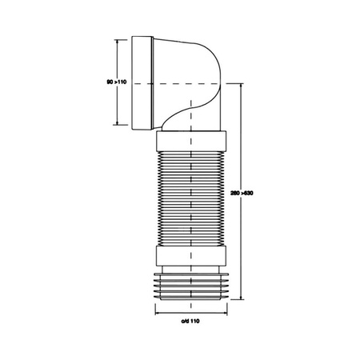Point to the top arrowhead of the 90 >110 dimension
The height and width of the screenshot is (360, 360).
118,38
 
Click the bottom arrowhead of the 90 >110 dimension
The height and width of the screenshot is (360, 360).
118,126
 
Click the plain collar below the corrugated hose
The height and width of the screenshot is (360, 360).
190,259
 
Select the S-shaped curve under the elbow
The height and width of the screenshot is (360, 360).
180,116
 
